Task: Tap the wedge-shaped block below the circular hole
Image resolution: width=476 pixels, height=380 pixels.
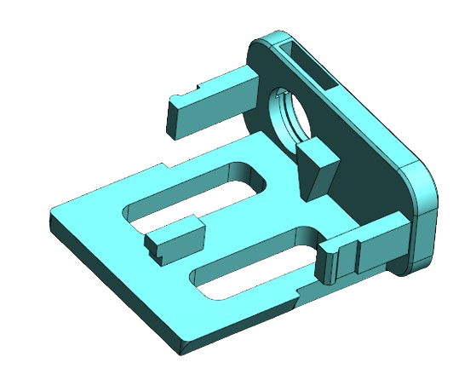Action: tap(317, 165)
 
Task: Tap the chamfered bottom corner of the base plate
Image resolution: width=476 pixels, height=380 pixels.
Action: tap(181, 346)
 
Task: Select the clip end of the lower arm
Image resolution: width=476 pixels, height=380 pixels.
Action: tap(341, 260)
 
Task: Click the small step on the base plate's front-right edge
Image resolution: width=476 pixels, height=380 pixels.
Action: tap(294, 294)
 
